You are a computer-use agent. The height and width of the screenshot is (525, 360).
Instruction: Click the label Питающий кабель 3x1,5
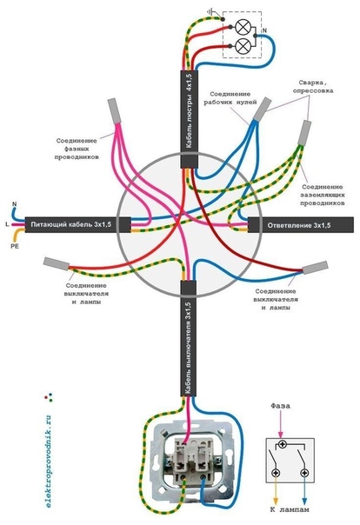click(71, 224)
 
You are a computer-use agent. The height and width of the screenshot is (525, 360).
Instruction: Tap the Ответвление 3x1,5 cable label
click(299, 225)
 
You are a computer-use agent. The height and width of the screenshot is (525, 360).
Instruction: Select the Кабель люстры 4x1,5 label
click(190, 111)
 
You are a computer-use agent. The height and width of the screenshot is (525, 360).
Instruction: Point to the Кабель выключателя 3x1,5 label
click(188, 349)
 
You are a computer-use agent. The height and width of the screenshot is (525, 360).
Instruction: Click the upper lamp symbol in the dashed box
click(242, 27)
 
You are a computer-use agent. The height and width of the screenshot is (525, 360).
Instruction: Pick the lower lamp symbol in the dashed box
click(242, 46)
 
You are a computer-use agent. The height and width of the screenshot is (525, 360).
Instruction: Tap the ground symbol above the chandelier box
click(211, 13)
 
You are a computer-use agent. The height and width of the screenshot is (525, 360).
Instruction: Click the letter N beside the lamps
click(264, 30)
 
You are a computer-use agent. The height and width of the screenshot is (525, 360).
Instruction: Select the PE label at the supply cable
click(15, 246)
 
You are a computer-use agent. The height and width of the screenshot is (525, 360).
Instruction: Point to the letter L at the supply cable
click(7, 224)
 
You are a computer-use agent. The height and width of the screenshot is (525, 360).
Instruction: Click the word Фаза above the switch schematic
click(281, 406)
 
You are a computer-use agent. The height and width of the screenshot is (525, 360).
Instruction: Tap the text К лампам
click(290, 509)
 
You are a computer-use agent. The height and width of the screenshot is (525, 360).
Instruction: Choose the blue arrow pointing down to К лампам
click(304, 491)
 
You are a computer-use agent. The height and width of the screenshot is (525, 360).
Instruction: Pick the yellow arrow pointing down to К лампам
click(276, 491)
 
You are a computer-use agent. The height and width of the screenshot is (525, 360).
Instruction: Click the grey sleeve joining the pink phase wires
click(114, 111)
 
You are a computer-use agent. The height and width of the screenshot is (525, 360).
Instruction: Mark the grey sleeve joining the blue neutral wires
click(263, 109)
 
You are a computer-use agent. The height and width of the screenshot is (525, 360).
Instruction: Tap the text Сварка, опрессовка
click(312, 86)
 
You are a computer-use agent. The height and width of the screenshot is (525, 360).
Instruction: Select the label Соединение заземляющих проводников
click(322, 195)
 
